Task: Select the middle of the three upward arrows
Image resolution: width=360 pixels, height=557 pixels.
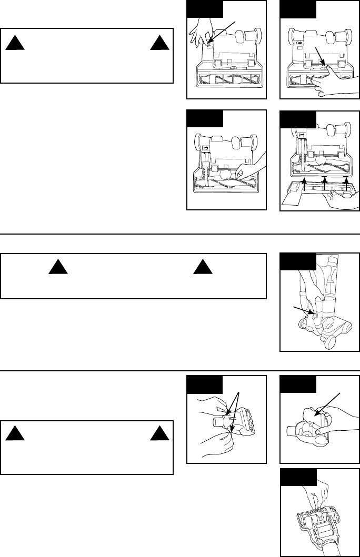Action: click(x=325, y=184)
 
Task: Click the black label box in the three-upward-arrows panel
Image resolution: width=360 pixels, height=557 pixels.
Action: click(x=298, y=119)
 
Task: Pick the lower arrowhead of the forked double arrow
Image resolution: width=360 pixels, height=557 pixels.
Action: click(x=232, y=427)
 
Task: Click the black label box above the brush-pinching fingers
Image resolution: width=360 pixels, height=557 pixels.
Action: click(x=298, y=477)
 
